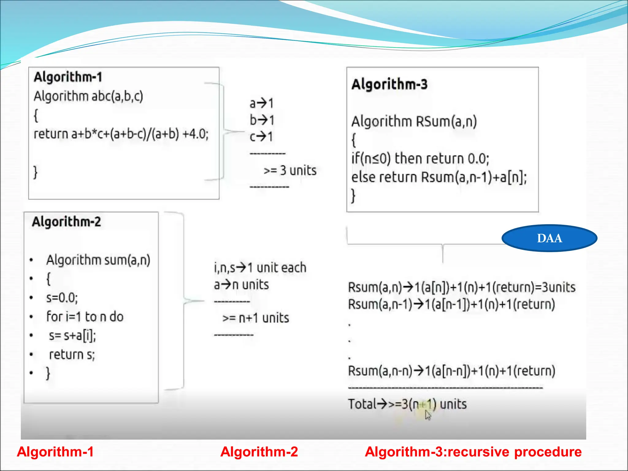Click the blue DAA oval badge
pos(549,238)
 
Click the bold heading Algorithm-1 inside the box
pos(68,77)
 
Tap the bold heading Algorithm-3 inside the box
pos(389,84)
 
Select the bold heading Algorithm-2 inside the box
pos(66,222)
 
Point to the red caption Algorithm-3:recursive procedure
pos(473,452)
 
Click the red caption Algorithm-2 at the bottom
pos(259,452)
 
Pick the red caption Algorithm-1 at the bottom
pos(55,452)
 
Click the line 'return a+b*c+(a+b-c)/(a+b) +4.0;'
pos(121,134)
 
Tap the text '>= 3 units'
pos(290,170)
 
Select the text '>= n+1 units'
pos(256,318)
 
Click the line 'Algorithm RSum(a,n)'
pos(414,121)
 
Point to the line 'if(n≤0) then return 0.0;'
pos(420,159)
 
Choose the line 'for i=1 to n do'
pos(85,317)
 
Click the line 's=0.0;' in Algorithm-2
pos(62,298)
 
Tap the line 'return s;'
pos(72,354)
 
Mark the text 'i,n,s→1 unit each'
pos(260,268)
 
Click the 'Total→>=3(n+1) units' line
pos(407,404)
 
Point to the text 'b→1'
pos(262,120)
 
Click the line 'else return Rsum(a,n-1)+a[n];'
pos(439,177)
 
